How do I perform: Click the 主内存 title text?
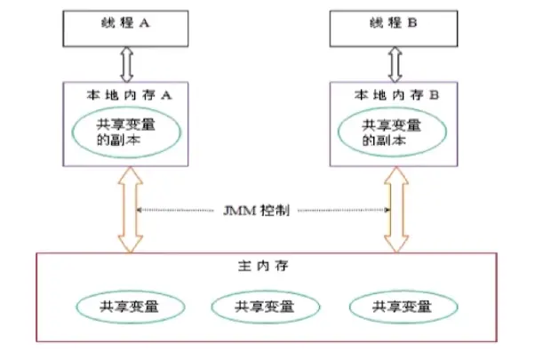(x=265, y=266)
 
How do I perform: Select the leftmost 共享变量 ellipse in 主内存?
(x=131, y=307)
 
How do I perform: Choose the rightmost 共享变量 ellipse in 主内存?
(x=403, y=307)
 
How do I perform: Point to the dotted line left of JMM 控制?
(x=183, y=211)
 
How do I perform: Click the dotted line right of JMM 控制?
(x=343, y=211)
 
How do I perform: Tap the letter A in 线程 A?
(x=145, y=26)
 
